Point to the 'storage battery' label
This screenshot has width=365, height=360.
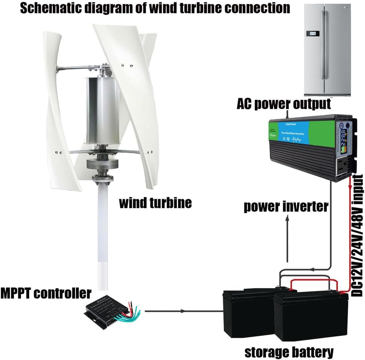click(289, 351)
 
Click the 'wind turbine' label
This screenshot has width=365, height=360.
click(155, 203)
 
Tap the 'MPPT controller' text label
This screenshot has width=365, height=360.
click(45, 293)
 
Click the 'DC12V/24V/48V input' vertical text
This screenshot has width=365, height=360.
click(358, 236)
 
